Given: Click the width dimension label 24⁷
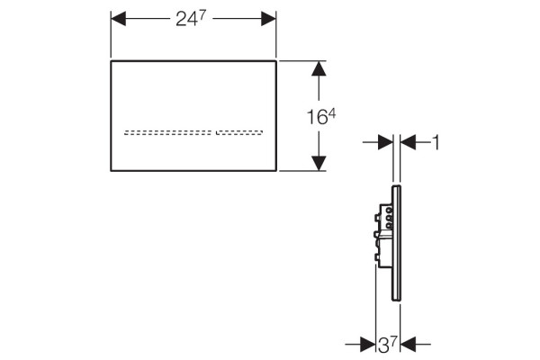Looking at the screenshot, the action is point(191,18).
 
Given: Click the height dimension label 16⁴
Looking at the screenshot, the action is point(321,116).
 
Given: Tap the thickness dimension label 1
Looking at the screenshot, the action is point(436,142).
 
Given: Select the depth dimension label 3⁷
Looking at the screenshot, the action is point(388,345).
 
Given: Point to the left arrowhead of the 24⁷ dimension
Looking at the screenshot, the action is point(118,19).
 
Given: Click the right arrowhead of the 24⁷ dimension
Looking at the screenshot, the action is point(268,19).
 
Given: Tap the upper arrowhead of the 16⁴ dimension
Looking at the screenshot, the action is point(319,68).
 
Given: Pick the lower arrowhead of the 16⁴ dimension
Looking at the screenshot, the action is point(319,163).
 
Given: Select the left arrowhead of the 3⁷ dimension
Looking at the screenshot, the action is point(368,344).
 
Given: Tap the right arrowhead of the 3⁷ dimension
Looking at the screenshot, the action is point(408,344).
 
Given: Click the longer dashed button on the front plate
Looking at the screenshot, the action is point(167,132).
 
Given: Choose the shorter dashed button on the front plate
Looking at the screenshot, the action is point(239,132).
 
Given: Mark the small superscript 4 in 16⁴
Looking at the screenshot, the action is point(331,114).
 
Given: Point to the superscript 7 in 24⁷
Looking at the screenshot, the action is point(202,14).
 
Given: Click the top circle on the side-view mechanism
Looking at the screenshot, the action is point(389,210).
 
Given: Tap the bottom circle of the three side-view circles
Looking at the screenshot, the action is point(389,226).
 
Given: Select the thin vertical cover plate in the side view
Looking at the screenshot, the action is point(396,243).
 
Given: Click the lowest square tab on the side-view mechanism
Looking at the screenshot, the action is point(376,257).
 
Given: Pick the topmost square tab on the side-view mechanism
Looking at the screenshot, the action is point(376,218).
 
